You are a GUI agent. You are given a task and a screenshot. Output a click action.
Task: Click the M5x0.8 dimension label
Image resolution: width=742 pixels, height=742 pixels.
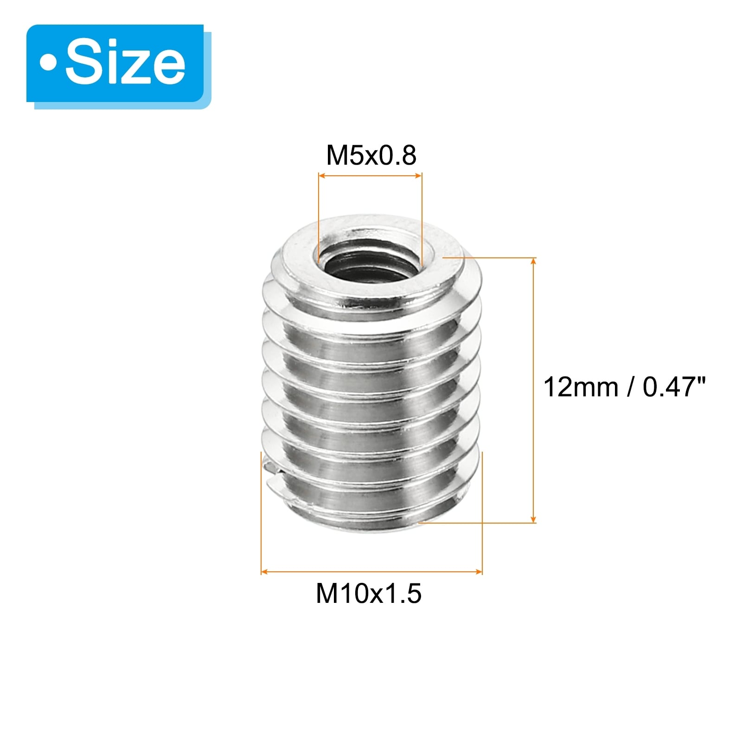point(371,155)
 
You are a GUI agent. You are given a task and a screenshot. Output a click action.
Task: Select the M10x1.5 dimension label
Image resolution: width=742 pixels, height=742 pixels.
point(369,593)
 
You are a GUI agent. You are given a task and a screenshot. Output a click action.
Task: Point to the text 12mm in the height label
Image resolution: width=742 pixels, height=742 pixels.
point(581,387)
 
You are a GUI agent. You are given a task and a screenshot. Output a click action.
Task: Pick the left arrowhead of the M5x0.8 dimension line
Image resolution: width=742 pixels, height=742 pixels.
point(321,176)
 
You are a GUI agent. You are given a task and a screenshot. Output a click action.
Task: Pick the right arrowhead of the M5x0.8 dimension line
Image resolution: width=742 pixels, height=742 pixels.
point(419,176)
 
